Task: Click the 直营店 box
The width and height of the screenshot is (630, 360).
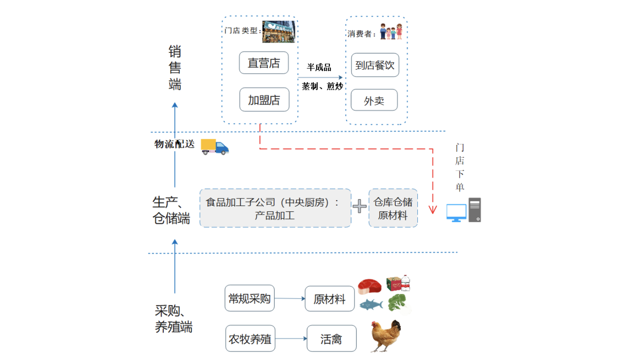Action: tap(264, 63)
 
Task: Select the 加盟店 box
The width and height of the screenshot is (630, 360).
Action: tap(264, 100)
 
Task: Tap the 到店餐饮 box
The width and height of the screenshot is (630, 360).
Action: tap(375, 65)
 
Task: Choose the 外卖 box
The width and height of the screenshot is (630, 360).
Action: tap(374, 100)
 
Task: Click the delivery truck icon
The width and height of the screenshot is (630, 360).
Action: tap(214, 146)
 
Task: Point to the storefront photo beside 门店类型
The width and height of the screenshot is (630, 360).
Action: tap(278, 31)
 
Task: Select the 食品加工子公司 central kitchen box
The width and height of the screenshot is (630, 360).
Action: tap(275, 208)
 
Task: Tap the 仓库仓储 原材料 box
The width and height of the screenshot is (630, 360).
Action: tap(393, 208)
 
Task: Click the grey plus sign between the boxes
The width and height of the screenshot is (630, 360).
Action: tap(359, 206)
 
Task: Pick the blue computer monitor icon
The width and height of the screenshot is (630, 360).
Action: tap(456, 212)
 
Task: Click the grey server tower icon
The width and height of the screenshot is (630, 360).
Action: tap(475, 210)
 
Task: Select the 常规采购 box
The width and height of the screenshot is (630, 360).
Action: tap(249, 298)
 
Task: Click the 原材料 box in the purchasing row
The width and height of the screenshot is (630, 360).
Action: tap(329, 299)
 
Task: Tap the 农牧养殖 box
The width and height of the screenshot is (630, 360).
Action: tap(250, 338)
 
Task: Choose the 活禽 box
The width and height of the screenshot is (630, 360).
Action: tap(331, 338)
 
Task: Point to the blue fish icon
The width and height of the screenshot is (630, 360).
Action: tap(371, 305)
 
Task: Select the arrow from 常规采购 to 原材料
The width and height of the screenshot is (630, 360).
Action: tap(289, 299)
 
